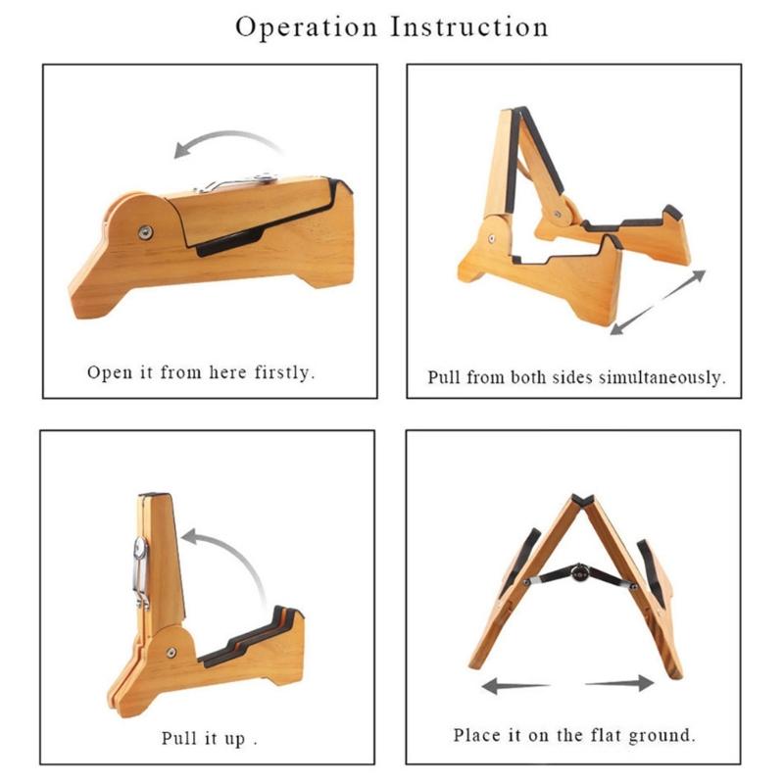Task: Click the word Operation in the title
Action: [x=305, y=27]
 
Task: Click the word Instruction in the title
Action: [x=469, y=27]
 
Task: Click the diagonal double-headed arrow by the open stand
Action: [x=658, y=302]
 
